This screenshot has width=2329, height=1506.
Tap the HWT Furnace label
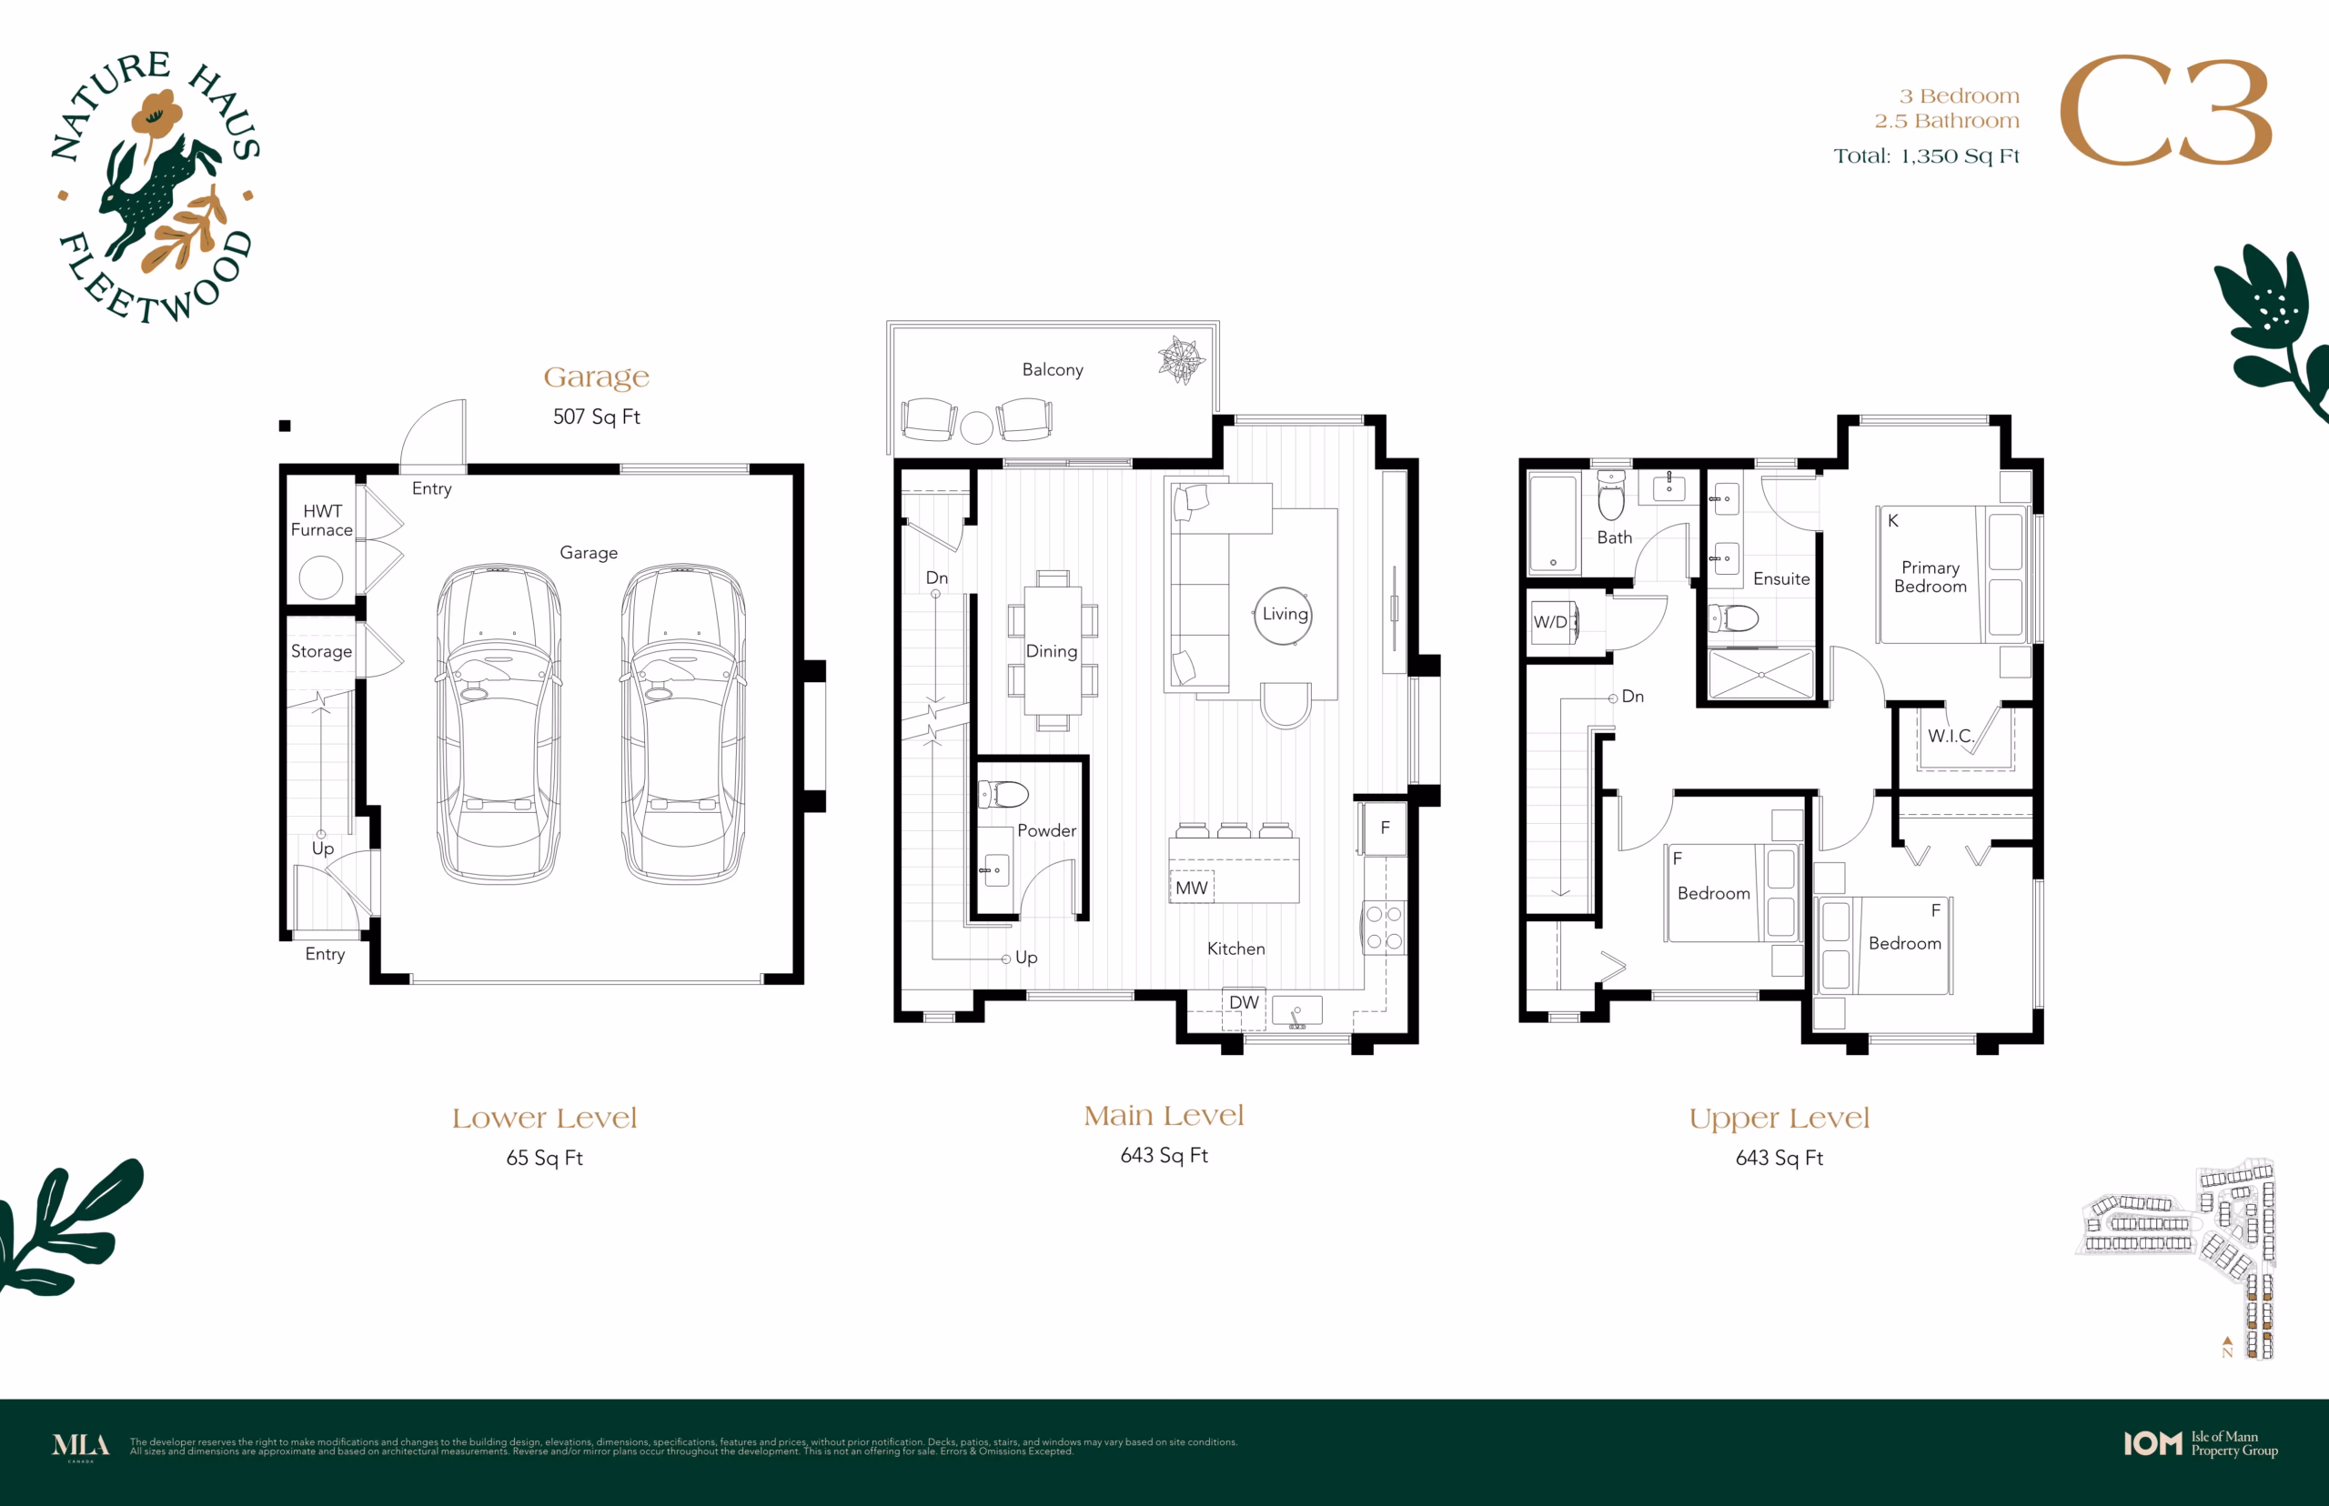coord(322,520)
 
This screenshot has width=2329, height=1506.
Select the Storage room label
coord(321,651)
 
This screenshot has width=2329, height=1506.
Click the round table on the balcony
coord(976,427)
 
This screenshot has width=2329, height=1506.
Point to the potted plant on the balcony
coord(1181,359)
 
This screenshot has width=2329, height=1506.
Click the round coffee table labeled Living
coord(1283,615)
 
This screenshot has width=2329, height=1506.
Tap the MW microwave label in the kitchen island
coord(1192,888)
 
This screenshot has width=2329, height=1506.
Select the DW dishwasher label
coord(1244,1002)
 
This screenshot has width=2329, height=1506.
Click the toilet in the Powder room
coord(1003,794)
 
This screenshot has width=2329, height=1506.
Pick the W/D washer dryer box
coord(1551,622)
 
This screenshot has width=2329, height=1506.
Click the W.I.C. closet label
coord(1951,737)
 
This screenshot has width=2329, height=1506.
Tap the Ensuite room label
coord(1781,579)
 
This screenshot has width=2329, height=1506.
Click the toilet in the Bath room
coord(1610,496)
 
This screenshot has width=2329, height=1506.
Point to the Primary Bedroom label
coord(1930,577)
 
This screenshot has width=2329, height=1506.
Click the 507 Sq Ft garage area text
coord(597,417)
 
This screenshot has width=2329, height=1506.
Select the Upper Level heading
coord(1780,1119)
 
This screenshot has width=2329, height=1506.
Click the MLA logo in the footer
coord(81,1445)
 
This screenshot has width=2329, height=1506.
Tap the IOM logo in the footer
coord(2153,1444)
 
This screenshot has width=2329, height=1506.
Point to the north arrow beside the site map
coord(2227,1341)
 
